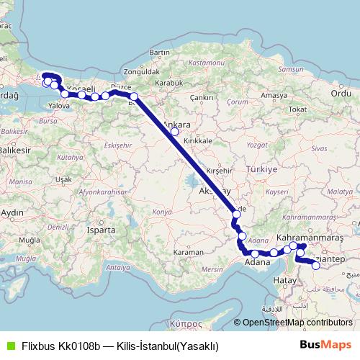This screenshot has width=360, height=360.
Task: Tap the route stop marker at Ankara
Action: (x=174, y=132)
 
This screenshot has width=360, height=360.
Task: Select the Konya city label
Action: (x=163, y=212)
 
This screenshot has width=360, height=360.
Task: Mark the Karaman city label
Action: (x=189, y=253)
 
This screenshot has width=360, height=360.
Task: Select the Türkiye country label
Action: (x=262, y=169)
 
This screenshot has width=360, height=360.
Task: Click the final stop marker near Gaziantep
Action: (x=315, y=266)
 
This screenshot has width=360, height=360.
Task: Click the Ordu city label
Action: (x=340, y=93)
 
